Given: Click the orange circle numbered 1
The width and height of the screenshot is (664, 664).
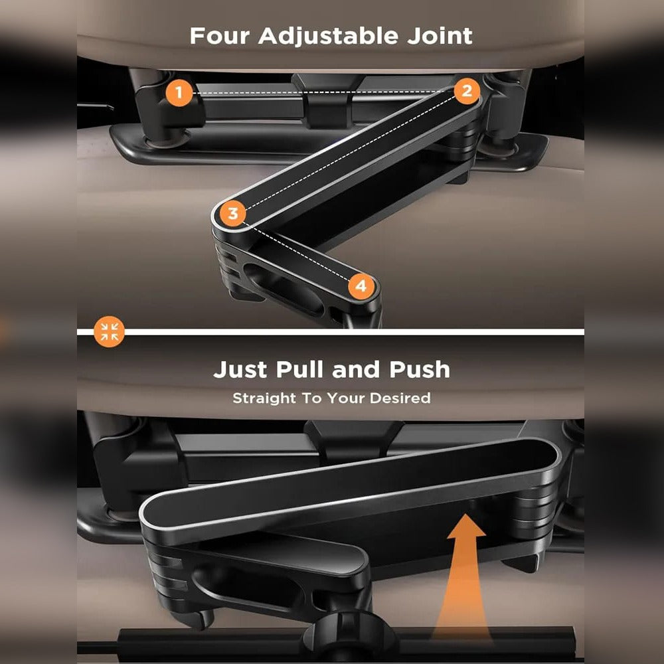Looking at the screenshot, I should pos(179,94).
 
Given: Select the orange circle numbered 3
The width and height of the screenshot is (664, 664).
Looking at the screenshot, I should pos(232,214).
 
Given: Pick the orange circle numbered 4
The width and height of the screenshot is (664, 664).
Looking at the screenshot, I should pos(361,286).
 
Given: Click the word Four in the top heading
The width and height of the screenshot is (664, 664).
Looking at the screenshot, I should pos(220,36).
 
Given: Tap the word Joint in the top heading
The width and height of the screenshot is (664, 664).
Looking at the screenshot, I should pos(442,36).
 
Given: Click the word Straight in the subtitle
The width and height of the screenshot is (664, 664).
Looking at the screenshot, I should pos(264,398).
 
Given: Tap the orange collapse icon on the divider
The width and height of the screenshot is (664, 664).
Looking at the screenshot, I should pos(109,331).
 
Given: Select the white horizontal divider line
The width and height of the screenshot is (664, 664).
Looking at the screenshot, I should pos(352,331).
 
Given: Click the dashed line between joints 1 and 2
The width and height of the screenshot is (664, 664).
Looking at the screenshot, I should pos(319,92).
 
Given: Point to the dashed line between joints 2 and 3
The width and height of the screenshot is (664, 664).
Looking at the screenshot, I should pos(349,153).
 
